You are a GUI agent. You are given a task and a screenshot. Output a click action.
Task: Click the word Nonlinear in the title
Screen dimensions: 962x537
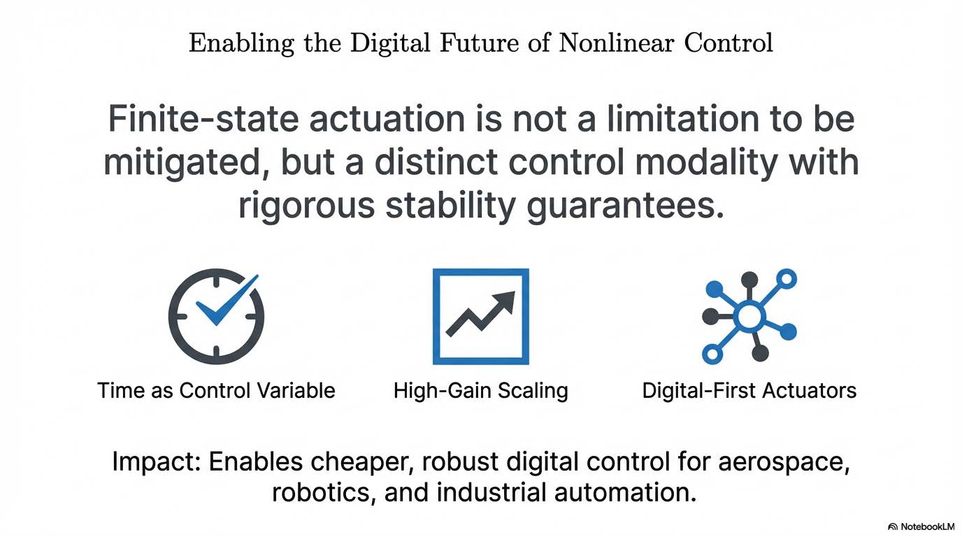coord(617,43)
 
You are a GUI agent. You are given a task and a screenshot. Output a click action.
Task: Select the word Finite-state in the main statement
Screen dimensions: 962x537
coord(203,119)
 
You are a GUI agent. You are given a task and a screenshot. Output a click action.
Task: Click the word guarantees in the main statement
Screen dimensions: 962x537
coord(625,207)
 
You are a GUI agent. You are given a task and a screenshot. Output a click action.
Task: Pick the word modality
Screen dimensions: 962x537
coord(706,164)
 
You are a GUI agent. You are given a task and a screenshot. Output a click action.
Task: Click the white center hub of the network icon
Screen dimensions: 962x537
coord(749,317)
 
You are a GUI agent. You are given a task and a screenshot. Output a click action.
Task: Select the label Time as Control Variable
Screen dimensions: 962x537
coord(217,391)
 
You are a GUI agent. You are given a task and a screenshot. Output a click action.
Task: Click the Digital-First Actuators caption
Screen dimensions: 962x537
coord(749,391)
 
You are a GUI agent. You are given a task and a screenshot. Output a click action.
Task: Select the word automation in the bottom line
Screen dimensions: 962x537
coord(625,493)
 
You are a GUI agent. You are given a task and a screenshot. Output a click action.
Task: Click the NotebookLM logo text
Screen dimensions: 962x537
coord(927,527)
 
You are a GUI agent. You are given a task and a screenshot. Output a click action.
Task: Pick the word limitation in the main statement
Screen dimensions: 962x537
coord(683,119)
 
